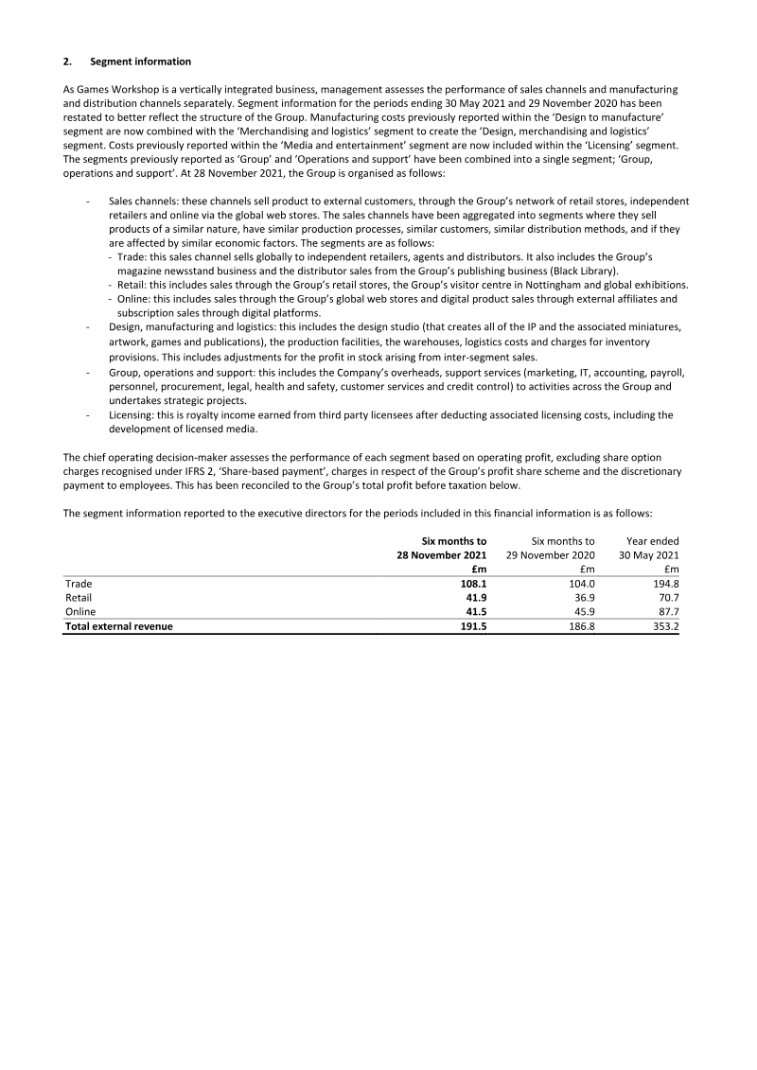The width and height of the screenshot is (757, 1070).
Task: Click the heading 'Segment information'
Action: [x=140, y=61]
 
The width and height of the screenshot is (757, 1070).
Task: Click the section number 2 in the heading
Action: [x=66, y=61]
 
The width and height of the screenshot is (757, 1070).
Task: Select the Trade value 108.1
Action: [x=473, y=584]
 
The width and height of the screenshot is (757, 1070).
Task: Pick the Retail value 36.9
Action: [x=581, y=598]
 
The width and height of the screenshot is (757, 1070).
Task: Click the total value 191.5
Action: [x=473, y=626]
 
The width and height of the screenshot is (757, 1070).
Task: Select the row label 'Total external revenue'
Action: [x=118, y=626]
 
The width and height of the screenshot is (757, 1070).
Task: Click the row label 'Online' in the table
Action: [x=79, y=612]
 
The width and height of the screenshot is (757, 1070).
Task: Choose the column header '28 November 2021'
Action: [x=442, y=554]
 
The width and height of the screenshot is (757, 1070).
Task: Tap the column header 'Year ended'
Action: [x=653, y=540]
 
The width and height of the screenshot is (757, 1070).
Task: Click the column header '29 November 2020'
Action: [x=551, y=554]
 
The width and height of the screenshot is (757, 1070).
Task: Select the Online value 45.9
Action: [x=581, y=612]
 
